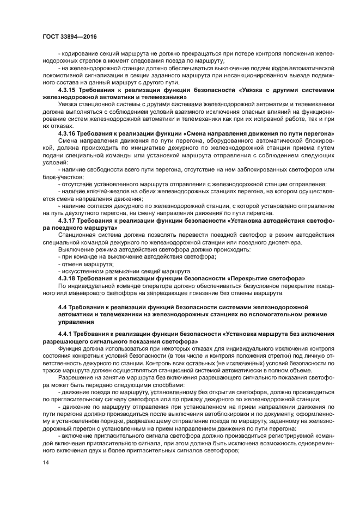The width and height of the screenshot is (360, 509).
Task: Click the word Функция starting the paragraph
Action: point(71,349)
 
